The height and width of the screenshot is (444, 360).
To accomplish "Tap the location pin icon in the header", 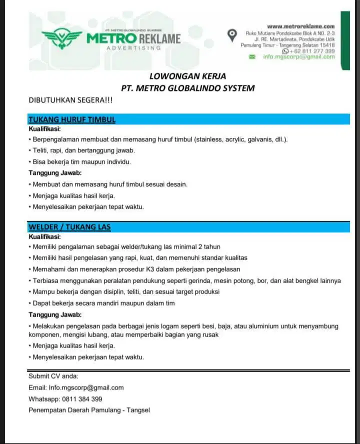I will (x=231, y=34).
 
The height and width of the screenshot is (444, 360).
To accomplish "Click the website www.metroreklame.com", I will (x=300, y=26).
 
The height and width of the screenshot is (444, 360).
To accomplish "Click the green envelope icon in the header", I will (x=252, y=57).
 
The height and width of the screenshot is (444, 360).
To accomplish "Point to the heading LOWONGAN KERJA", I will (x=187, y=76).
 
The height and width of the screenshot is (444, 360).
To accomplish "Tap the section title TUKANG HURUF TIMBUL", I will (x=72, y=120).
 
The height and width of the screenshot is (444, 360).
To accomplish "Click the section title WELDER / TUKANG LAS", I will (x=69, y=227).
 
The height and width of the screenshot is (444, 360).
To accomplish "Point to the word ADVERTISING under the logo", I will (x=133, y=48).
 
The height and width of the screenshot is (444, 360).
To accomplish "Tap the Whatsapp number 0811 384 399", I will (x=82, y=399).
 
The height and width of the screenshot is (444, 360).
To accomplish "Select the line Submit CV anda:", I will (x=53, y=376).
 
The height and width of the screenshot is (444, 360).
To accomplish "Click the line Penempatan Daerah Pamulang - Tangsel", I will (x=89, y=410).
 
